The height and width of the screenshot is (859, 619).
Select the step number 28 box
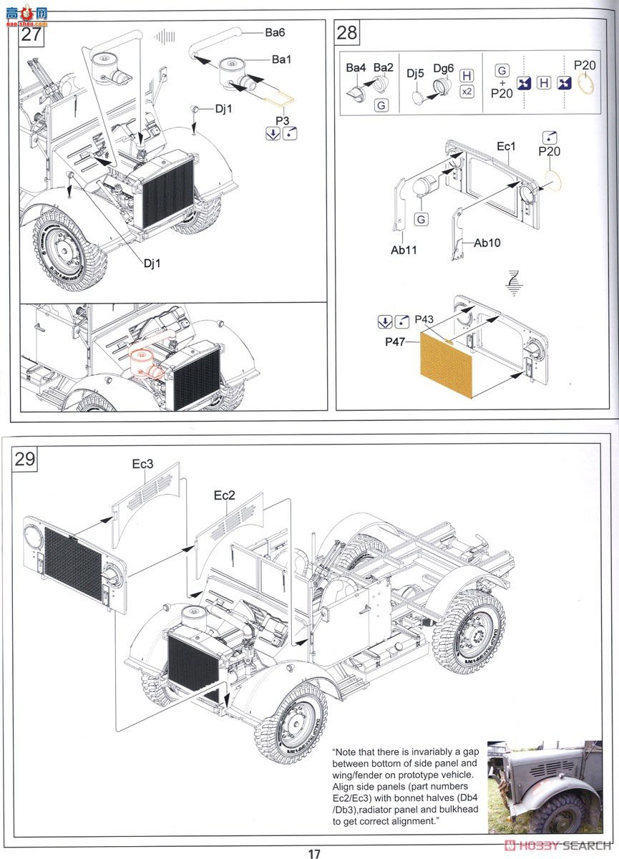point(346,34)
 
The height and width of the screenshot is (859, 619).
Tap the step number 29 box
point(26,459)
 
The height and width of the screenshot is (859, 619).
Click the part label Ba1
point(281,59)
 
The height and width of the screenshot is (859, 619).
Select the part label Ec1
point(506,146)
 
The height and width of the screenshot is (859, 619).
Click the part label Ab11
point(404,251)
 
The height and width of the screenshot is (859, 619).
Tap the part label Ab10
point(487,243)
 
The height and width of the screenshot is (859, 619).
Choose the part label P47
point(396,342)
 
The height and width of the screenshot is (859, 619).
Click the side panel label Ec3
point(142,464)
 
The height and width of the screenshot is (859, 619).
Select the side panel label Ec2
point(224,495)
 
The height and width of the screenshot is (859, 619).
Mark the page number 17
point(314,853)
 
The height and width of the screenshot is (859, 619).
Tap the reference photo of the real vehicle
point(544,787)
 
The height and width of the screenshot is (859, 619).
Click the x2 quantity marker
point(467,92)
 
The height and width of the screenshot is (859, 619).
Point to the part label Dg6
point(444,69)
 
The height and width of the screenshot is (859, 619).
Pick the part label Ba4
point(356,68)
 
